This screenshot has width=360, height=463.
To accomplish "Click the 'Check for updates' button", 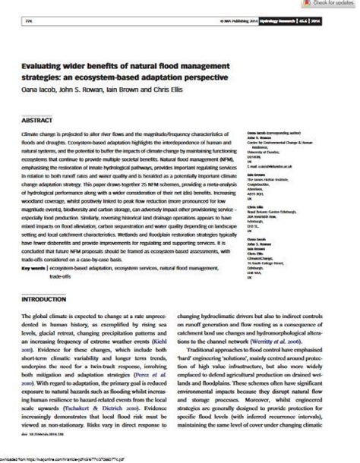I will pos(331,4).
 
